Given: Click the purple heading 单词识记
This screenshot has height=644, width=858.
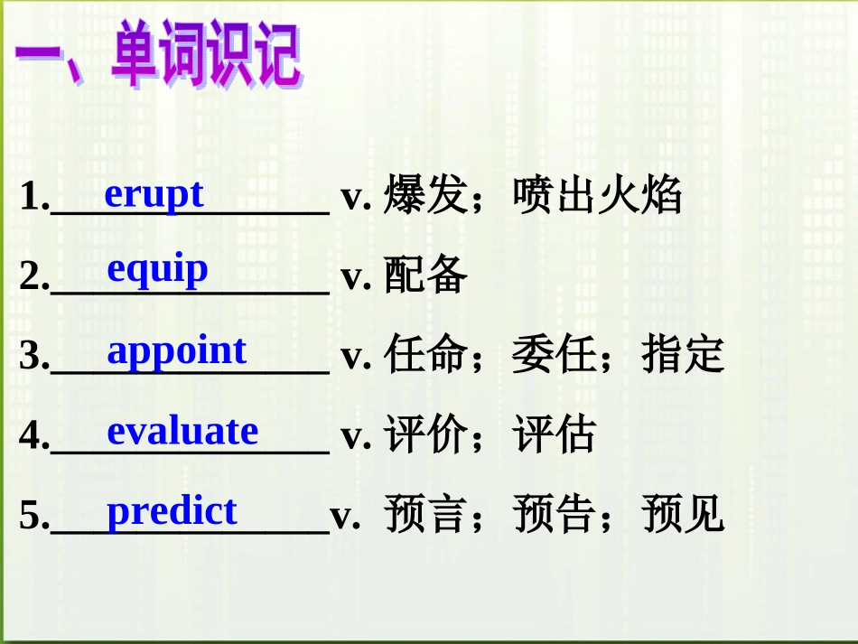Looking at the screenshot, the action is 207,53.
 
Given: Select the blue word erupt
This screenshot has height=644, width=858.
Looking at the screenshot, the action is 154,194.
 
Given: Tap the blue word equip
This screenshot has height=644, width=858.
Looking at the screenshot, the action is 157,270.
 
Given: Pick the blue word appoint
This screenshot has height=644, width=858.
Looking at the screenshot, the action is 177,350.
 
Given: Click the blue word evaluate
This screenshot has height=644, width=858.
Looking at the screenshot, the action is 182,431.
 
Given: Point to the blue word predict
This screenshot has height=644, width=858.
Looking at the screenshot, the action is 172,511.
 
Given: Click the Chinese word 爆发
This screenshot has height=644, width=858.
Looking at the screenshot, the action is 425,194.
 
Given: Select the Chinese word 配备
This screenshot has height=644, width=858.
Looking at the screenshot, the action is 425,274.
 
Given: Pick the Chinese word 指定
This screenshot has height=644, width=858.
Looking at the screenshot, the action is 683,354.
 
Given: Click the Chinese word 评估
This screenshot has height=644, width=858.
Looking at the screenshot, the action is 555,434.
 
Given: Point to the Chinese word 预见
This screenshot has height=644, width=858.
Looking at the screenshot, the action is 683,514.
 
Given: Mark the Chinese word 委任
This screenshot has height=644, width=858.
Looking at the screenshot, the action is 555,354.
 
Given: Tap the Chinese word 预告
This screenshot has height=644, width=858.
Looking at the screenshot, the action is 555,514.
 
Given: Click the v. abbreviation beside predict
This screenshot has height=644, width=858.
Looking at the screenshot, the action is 345,517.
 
